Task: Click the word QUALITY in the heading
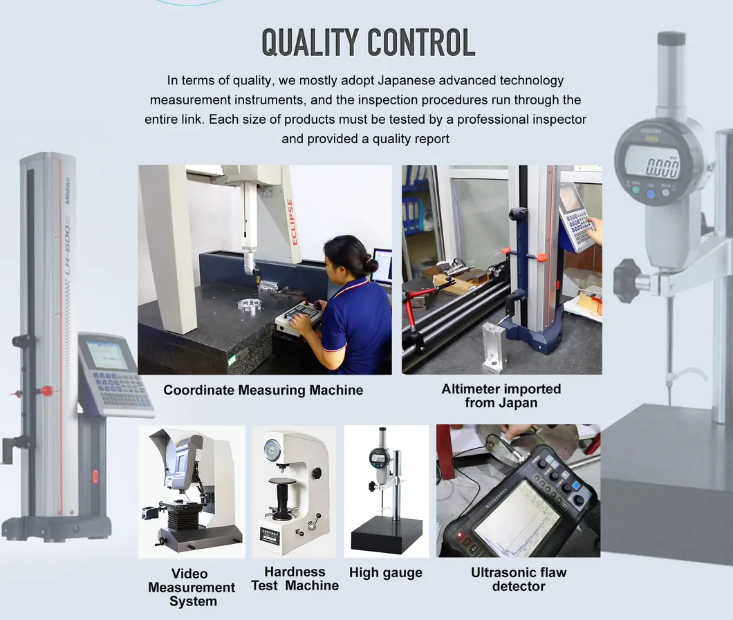click(x=310, y=43)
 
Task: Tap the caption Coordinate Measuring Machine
click(x=263, y=391)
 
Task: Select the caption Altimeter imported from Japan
click(x=501, y=395)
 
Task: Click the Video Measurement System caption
click(x=192, y=588)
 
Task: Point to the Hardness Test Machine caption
click(x=295, y=579)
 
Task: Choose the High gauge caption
click(x=385, y=573)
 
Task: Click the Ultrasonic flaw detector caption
click(x=518, y=579)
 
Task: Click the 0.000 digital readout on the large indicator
click(x=662, y=166)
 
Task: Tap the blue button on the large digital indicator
click(x=651, y=195)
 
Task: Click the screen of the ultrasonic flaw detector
click(x=514, y=518)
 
